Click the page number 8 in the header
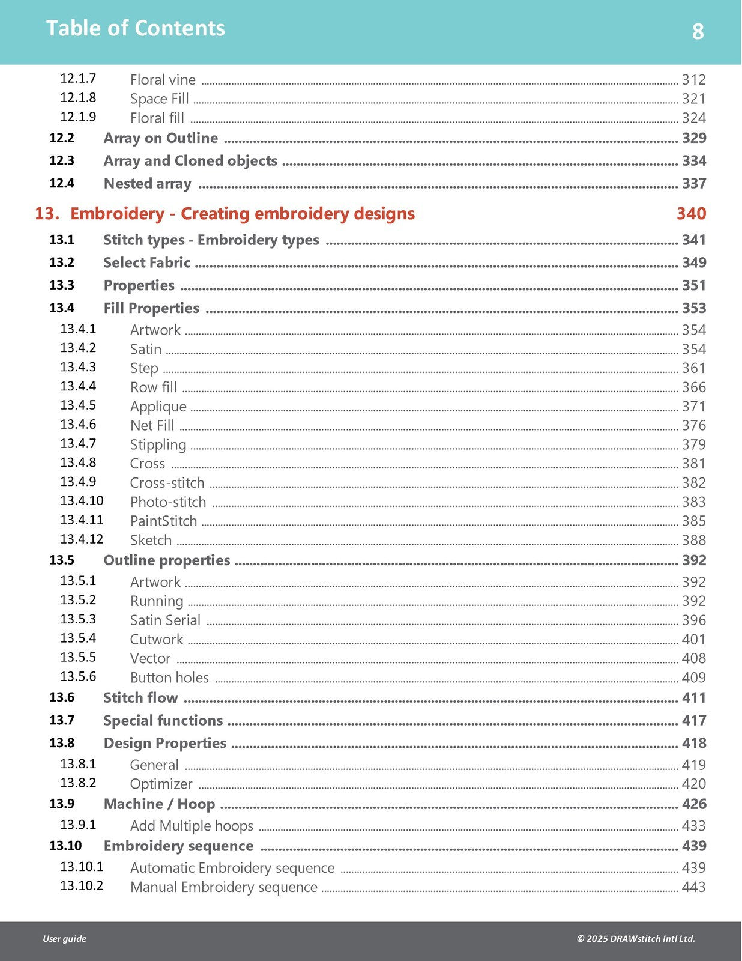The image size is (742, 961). tap(698, 31)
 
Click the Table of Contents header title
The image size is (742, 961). tap(136, 28)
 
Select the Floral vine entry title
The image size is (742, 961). tap(163, 80)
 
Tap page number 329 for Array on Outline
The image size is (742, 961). tap(694, 138)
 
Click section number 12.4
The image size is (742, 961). tap(62, 183)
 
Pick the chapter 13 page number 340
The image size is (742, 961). tap(691, 214)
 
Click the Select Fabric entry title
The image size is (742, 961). tap(146, 262)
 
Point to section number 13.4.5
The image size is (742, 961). tap(78, 405)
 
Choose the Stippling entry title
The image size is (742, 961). tap(158, 445)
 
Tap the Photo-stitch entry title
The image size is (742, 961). tap(168, 502)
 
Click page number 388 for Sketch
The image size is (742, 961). tap(693, 540)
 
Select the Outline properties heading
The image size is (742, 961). tap(166, 560)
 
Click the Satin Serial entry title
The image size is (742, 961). tap(165, 620)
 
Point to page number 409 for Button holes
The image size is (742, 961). tap(693, 678)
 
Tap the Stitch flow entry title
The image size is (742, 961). tap(140, 698)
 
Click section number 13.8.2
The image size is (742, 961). tap(78, 783)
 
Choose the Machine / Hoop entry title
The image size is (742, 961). tap(159, 804)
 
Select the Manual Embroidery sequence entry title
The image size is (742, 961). tap(223, 887)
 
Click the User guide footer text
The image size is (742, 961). tap(64, 939)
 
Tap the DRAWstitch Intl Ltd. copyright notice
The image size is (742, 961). tap(636, 939)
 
